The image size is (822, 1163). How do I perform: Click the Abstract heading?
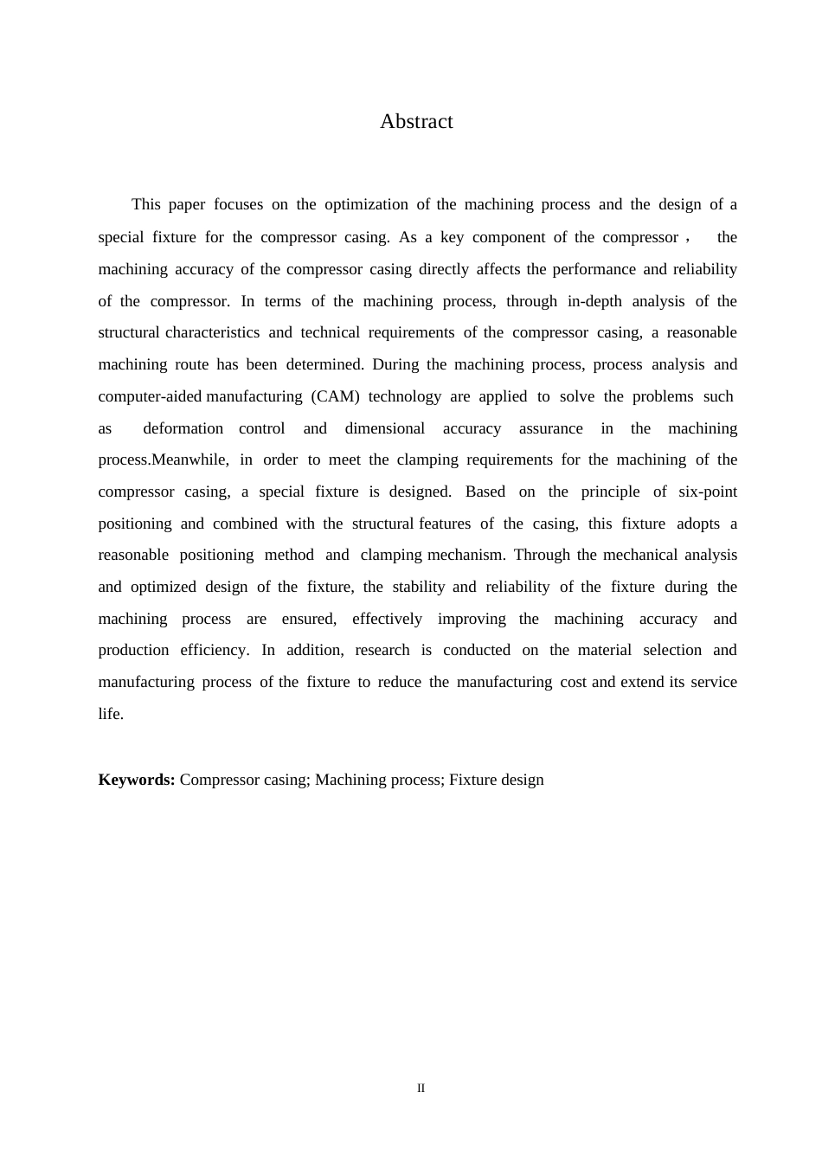(x=416, y=122)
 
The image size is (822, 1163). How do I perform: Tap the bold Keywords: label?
(x=137, y=780)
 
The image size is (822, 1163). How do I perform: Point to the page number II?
(x=421, y=1088)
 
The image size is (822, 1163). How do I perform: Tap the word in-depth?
(x=594, y=301)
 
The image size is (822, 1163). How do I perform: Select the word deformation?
(x=183, y=428)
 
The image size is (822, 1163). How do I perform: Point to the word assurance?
(x=551, y=428)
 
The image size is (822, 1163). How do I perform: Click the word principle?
(x=610, y=492)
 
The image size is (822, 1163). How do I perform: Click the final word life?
(x=110, y=714)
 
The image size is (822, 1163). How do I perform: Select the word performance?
(x=593, y=269)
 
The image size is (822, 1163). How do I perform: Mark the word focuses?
(x=238, y=205)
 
